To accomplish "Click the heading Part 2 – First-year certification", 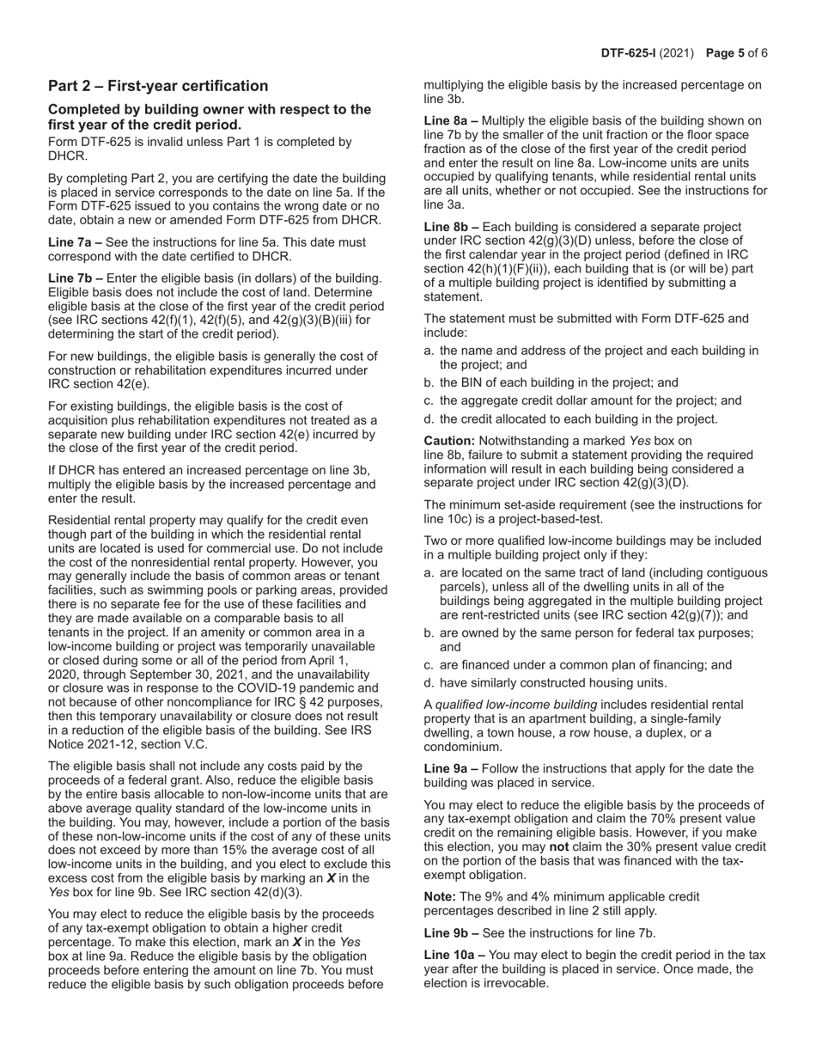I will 158,86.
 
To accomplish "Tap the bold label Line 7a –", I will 75,242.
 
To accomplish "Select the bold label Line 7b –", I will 76,278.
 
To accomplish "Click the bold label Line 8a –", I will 451,121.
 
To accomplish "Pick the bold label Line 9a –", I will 451,768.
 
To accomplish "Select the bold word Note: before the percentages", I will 441,896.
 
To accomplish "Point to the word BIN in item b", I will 477,382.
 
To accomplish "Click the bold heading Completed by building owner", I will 210,109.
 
